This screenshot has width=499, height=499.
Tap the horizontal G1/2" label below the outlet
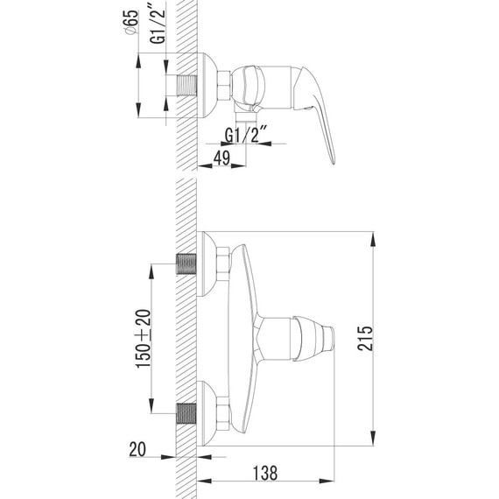point(244,136)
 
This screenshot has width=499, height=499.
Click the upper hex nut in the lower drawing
point(224,263)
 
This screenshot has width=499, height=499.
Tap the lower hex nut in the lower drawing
point(224,412)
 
